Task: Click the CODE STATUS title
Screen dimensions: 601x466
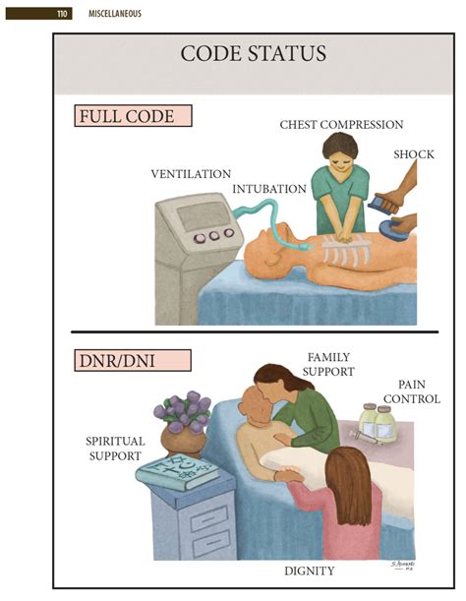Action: click(254, 53)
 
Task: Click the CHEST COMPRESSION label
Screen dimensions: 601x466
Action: click(341, 125)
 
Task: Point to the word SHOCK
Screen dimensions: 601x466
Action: click(413, 154)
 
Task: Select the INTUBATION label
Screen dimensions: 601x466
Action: click(267, 188)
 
